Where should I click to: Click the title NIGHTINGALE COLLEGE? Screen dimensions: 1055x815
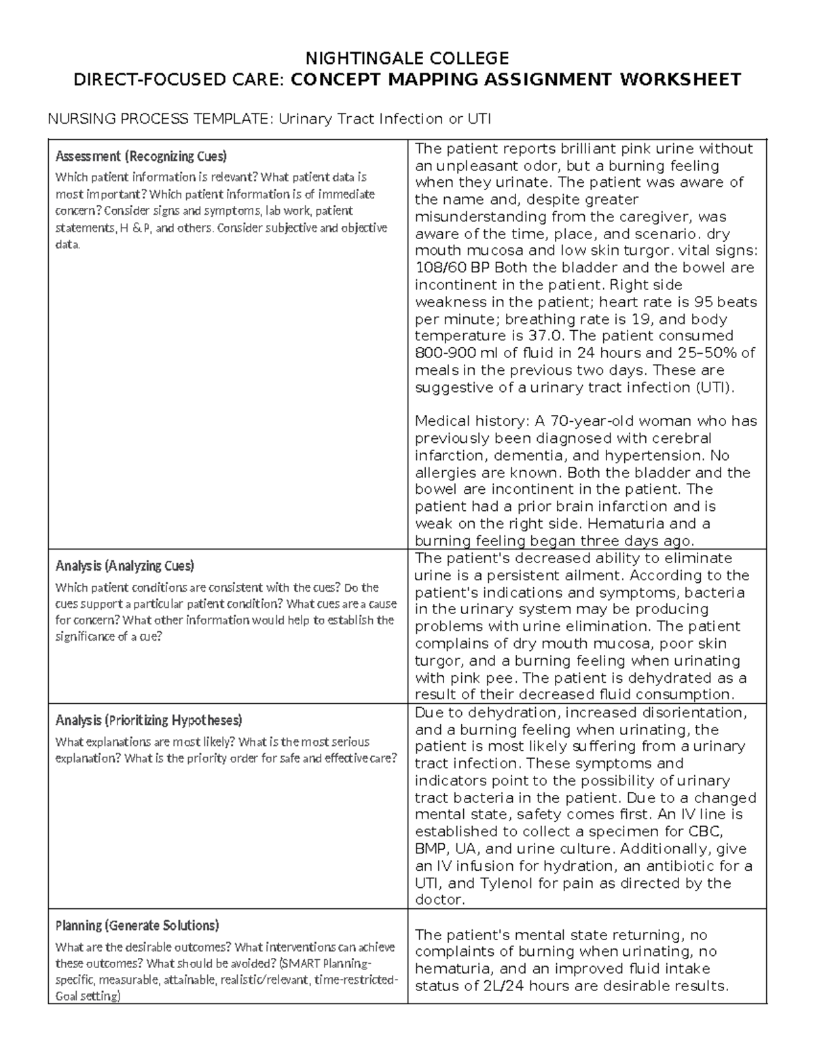407,57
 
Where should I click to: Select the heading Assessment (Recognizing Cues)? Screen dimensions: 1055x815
141,156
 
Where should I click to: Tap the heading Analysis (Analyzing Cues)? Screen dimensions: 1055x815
124,566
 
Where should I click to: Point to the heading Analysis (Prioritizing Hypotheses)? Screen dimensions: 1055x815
148,720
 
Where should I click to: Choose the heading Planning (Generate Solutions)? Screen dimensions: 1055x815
137,925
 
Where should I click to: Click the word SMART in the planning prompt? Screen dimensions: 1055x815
301,964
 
